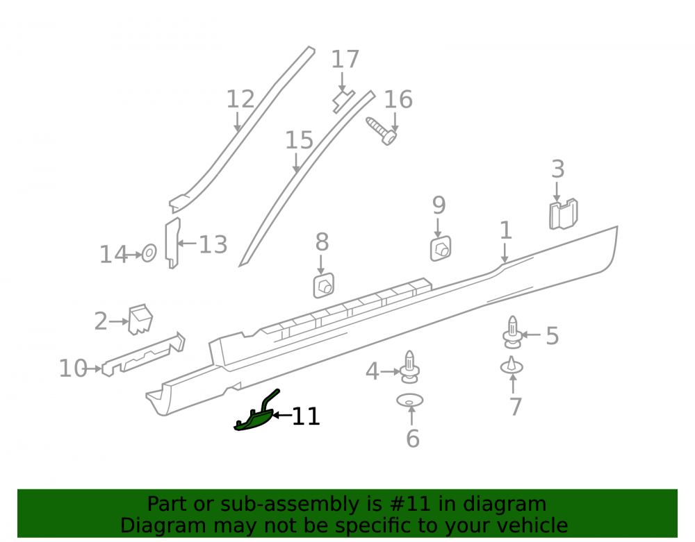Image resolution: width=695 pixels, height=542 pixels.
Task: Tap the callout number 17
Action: coord(345,59)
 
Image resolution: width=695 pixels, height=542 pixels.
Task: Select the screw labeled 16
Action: coord(381,130)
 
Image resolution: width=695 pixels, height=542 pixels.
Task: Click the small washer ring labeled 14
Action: coord(149,253)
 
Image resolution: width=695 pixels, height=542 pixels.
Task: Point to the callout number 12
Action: coord(240,99)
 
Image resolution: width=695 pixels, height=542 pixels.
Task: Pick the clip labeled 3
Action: coord(564,214)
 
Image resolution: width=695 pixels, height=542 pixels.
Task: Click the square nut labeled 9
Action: coord(441,248)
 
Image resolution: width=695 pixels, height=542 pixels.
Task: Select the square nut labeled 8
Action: coord(324,286)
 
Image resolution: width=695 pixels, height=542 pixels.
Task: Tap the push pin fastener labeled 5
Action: coord(512,332)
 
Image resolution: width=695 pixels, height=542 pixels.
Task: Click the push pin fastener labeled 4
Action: coord(409,367)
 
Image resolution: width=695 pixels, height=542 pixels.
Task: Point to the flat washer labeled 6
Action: coord(410,400)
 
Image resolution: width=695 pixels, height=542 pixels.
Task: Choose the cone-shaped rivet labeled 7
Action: coord(512,366)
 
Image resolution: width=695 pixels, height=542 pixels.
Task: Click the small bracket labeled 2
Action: coord(140,319)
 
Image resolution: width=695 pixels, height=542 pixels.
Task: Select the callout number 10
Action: coord(73,369)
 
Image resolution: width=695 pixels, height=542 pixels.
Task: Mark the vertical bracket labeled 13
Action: coord(172,243)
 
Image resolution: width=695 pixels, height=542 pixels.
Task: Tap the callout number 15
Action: coord(299,140)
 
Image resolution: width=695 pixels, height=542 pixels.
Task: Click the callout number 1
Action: coord(506,230)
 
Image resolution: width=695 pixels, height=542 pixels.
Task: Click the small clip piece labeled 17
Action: coord(343,101)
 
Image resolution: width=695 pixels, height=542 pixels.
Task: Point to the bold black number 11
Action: coord(306,416)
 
